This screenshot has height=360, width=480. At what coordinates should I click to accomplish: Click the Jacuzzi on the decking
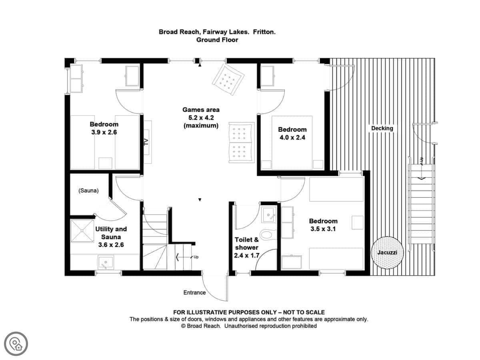(x=387, y=253)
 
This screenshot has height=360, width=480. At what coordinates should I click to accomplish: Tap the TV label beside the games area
(x=146, y=142)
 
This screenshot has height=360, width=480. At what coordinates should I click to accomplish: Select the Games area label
(x=201, y=110)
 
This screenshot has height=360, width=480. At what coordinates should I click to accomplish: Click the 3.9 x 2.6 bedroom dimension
(x=104, y=132)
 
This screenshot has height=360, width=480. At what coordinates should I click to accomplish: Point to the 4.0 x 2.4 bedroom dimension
(x=292, y=138)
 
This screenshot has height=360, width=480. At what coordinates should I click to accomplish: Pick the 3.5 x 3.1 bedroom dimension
(x=323, y=229)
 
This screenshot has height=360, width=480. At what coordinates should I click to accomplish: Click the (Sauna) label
(x=88, y=191)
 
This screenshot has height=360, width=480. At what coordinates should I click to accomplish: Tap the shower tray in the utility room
(x=82, y=231)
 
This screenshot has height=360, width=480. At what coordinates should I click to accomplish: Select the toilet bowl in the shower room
(x=266, y=234)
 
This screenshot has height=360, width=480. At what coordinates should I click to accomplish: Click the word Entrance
(x=194, y=292)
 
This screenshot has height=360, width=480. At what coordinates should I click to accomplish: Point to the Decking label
(x=382, y=128)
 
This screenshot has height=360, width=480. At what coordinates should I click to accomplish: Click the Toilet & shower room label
(x=246, y=248)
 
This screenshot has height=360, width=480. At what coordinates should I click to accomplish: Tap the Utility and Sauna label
(x=111, y=237)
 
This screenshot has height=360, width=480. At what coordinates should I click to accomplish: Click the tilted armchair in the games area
(x=228, y=79)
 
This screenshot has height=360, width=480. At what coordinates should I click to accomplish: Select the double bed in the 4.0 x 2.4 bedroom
(x=292, y=142)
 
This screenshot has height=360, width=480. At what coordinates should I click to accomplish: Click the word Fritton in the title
(x=264, y=32)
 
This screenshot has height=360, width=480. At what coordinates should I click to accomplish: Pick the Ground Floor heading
(x=217, y=40)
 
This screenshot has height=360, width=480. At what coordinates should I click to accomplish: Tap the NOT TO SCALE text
(x=304, y=312)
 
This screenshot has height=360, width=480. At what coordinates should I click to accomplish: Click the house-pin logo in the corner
(x=16, y=344)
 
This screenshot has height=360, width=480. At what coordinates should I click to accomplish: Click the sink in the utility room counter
(x=106, y=262)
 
